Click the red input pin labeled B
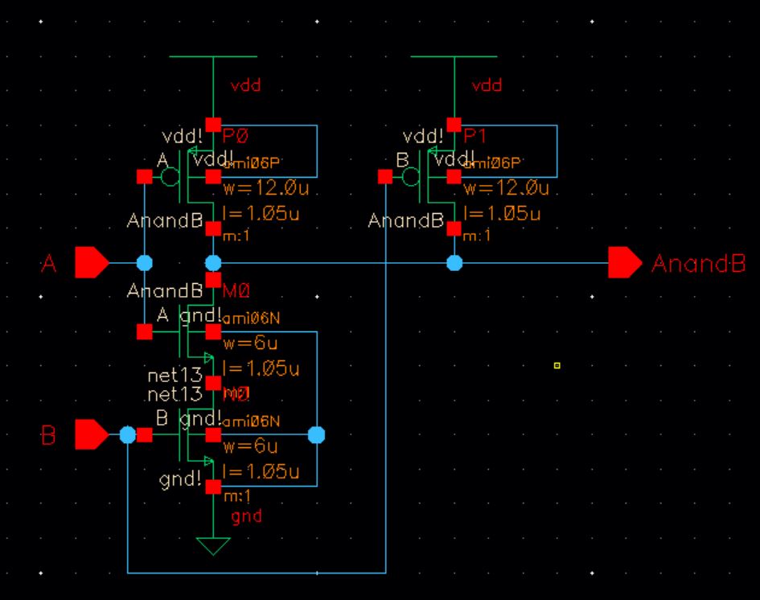click(x=91, y=435)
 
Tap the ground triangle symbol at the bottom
click(x=213, y=546)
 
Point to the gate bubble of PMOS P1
click(x=412, y=176)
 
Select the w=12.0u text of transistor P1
click(x=507, y=189)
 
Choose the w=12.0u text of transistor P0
click(x=265, y=189)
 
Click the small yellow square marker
click(x=557, y=366)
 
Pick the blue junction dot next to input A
click(x=144, y=263)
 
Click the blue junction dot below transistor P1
click(x=454, y=263)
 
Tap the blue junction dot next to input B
click(x=127, y=435)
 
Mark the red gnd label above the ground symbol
click(x=246, y=516)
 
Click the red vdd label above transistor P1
click(x=487, y=85)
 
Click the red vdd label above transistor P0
click(x=245, y=85)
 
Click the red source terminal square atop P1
click(x=454, y=125)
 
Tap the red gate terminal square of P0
click(x=145, y=176)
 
